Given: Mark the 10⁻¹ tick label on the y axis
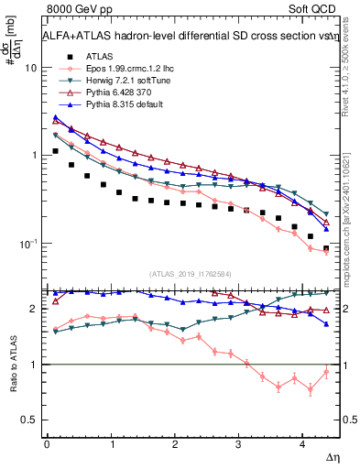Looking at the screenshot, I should pos(27,244).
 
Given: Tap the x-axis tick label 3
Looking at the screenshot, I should pos(238,443).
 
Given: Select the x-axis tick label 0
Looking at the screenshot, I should pos(47,443).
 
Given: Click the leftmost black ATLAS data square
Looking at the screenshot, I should pos(56,150).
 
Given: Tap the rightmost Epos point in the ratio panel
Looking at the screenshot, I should pos(326,371).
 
